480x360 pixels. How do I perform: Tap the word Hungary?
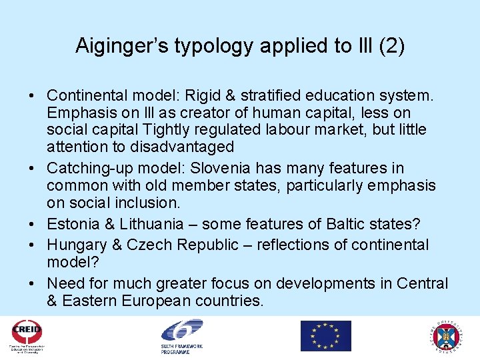click(77, 245)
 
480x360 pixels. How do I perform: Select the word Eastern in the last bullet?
click(89, 301)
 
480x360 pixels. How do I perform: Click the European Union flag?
click(325, 335)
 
